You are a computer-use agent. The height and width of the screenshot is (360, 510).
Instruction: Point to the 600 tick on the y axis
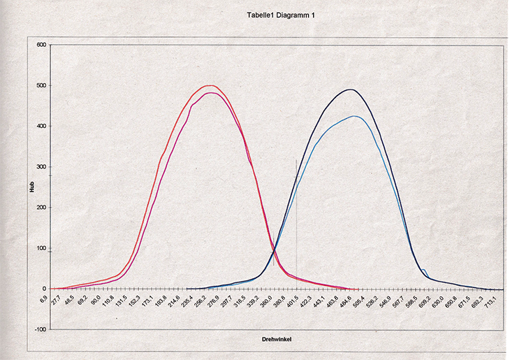tap(41, 45)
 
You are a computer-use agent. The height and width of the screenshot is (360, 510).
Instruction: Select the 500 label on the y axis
tap(41, 86)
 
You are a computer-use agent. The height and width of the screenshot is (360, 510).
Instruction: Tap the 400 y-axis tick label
tap(41, 127)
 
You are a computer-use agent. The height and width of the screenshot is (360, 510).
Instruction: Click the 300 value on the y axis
tap(41, 167)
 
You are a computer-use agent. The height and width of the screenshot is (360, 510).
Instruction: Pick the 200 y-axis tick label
tap(41, 208)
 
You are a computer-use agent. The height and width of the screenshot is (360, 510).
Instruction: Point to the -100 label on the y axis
tap(40, 329)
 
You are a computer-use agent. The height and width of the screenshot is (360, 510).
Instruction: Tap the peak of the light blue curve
tap(356, 116)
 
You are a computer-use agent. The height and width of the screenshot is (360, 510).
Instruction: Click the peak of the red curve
tap(209, 85)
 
